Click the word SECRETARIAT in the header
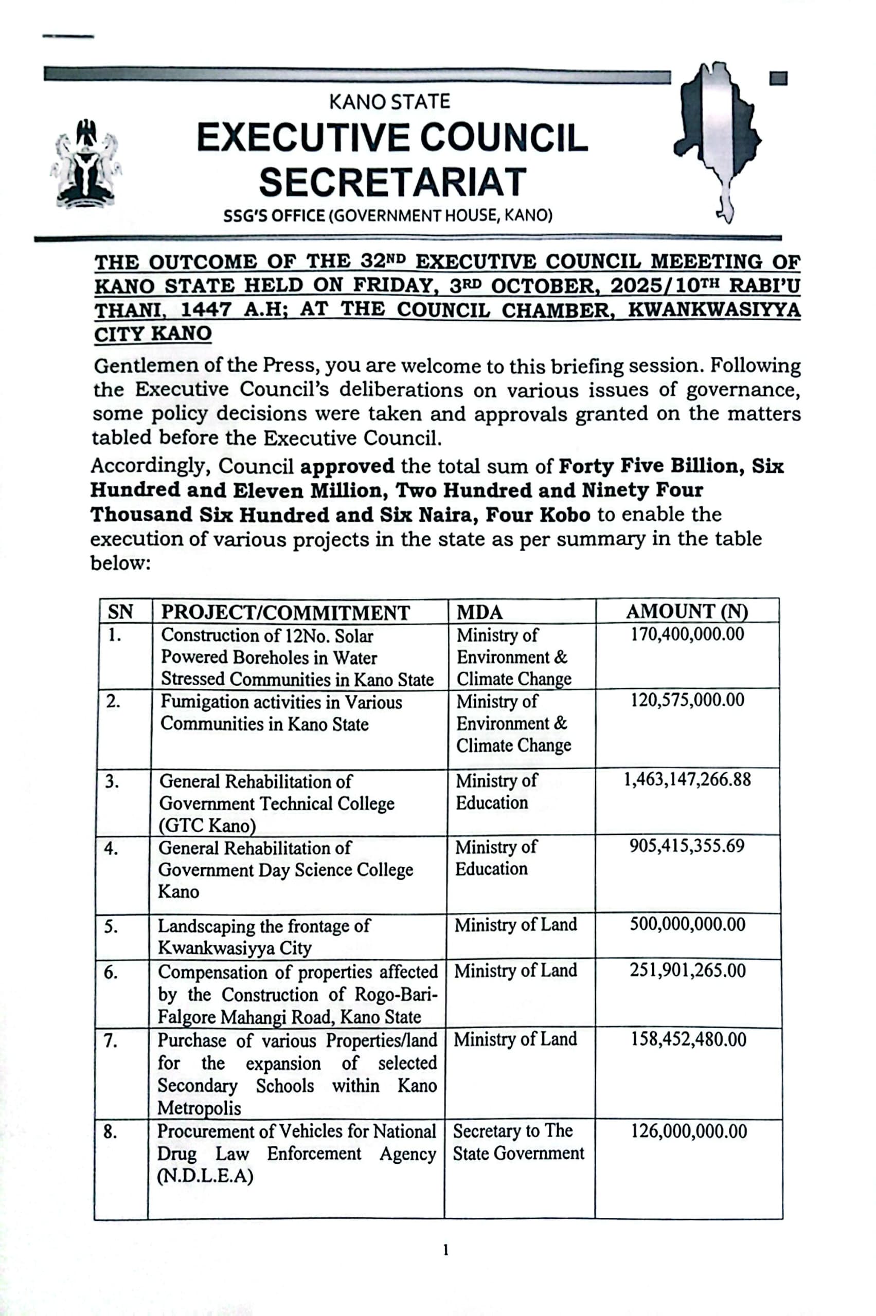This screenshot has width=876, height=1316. (x=392, y=182)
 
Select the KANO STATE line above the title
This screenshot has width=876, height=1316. (x=389, y=102)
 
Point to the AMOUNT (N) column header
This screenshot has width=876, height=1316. (x=687, y=611)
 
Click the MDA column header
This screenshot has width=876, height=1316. (x=479, y=612)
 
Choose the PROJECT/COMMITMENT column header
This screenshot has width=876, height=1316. (x=285, y=612)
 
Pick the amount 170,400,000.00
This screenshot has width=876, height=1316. (x=687, y=634)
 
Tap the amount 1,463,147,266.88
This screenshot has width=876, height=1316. (x=687, y=779)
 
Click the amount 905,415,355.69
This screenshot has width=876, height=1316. (x=687, y=846)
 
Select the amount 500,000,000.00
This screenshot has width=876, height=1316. (x=687, y=924)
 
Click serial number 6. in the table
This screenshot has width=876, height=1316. (x=111, y=973)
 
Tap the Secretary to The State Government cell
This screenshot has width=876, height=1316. (x=518, y=1142)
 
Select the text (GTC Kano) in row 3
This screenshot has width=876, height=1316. (x=207, y=825)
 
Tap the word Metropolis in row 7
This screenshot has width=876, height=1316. (x=199, y=1108)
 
